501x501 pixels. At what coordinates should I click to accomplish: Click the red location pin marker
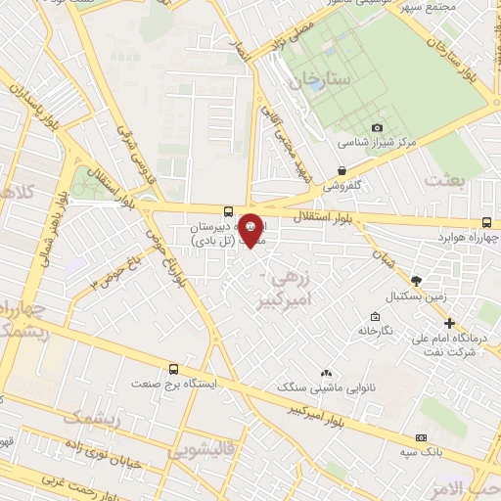coord(251,229)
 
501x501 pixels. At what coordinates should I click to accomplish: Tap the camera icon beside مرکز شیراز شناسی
coord(378,127)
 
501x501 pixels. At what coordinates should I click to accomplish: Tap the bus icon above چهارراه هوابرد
coord(487,223)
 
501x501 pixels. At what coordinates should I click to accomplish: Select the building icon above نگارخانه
coord(375,316)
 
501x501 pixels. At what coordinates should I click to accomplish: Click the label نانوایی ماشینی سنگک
coord(324,388)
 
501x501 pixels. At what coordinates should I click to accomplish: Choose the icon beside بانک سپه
coord(422,437)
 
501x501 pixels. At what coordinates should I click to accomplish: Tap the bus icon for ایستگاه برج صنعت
coord(174,369)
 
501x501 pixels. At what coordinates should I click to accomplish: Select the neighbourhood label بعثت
coord(444,180)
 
